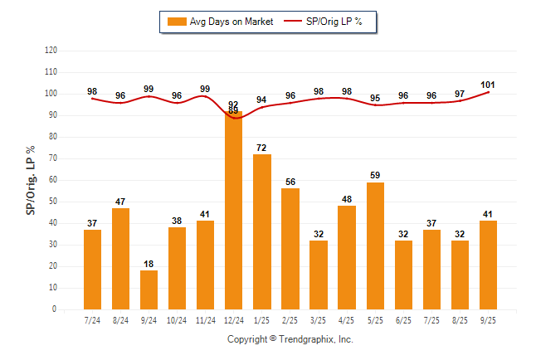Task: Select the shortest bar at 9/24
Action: (x=149, y=289)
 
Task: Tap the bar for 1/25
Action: (x=262, y=231)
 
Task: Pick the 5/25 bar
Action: (x=375, y=246)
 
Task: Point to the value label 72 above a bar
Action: (x=262, y=148)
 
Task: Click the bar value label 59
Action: (x=375, y=176)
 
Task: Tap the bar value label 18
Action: (x=149, y=264)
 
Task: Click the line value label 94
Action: (x=262, y=100)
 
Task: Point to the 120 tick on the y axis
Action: (x=51, y=51)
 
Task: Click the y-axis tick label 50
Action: (x=53, y=202)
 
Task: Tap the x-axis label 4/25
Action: (x=347, y=319)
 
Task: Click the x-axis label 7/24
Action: (x=93, y=319)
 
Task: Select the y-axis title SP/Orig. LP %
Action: (x=31, y=179)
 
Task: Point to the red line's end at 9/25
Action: (x=488, y=92)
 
